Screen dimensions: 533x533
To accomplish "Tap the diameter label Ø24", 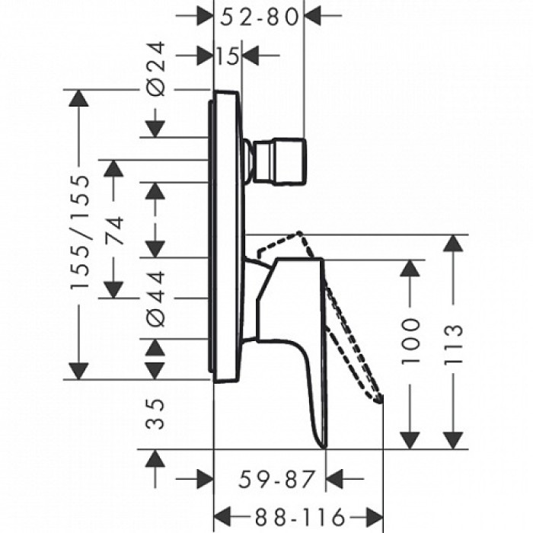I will click(x=155, y=77).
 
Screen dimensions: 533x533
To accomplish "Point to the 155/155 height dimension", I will click(x=80, y=231).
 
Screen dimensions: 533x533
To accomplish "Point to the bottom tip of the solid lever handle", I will click(x=323, y=445).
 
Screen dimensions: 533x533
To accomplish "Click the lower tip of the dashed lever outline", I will click(x=381, y=398).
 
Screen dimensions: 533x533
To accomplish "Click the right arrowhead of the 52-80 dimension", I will click(x=314, y=14).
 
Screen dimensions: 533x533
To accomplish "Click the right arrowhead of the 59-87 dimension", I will click(x=336, y=479).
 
